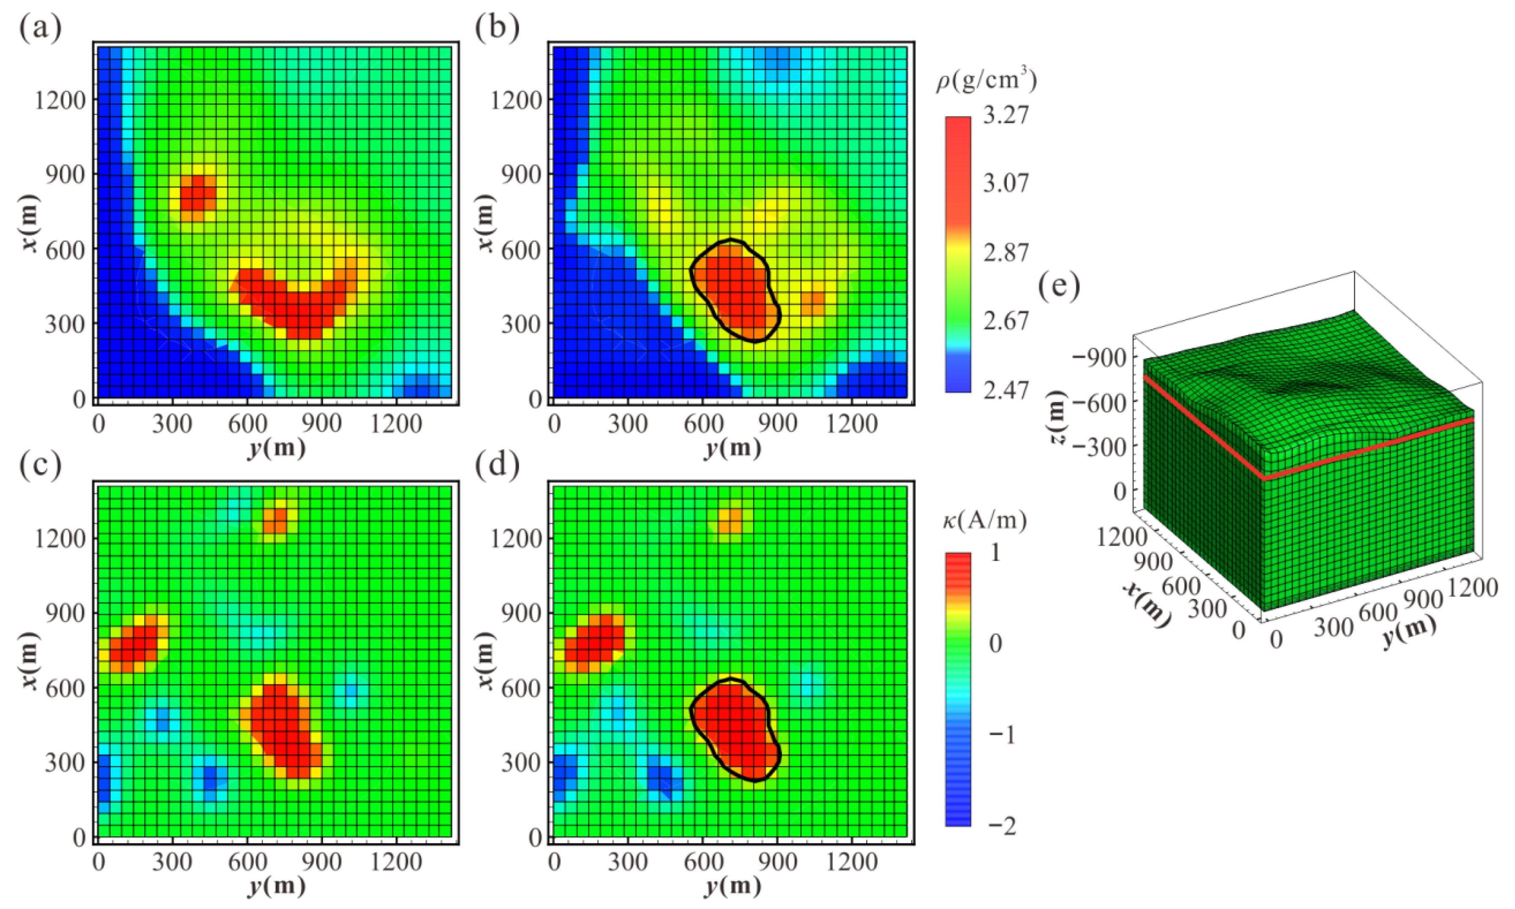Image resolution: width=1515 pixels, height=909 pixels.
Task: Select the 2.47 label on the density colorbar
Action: [1005, 390]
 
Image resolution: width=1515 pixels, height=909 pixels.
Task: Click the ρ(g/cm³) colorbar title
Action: [986, 82]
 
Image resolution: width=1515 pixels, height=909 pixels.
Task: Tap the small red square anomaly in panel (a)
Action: [198, 192]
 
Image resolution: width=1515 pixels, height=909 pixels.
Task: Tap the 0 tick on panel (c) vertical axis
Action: [79, 837]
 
